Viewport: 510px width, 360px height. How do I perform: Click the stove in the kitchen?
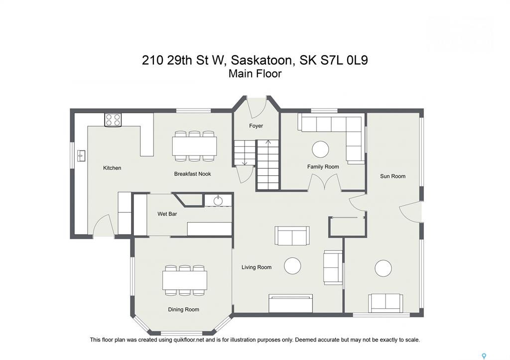(113, 120)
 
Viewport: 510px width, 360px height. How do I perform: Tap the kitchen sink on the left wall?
(81, 156)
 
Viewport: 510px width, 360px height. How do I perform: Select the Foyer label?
(256, 126)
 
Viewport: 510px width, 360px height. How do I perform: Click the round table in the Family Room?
(320, 149)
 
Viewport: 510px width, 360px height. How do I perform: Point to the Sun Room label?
(392, 176)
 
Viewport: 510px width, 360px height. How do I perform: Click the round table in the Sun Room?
(383, 268)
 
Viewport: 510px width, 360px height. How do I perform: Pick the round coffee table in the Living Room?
(292, 266)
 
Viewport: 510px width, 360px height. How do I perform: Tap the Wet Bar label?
(167, 214)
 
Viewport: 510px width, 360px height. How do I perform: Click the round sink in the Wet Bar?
(218, 201)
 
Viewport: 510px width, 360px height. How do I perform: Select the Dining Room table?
(185, 280)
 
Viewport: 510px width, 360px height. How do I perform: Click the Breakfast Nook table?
(195, 146)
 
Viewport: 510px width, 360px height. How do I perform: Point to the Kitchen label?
(112, 168)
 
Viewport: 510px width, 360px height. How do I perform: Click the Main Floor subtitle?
(255, 74)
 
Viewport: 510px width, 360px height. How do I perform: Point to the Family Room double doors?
(325, 182)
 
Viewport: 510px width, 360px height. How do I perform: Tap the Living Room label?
(256, 267)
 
